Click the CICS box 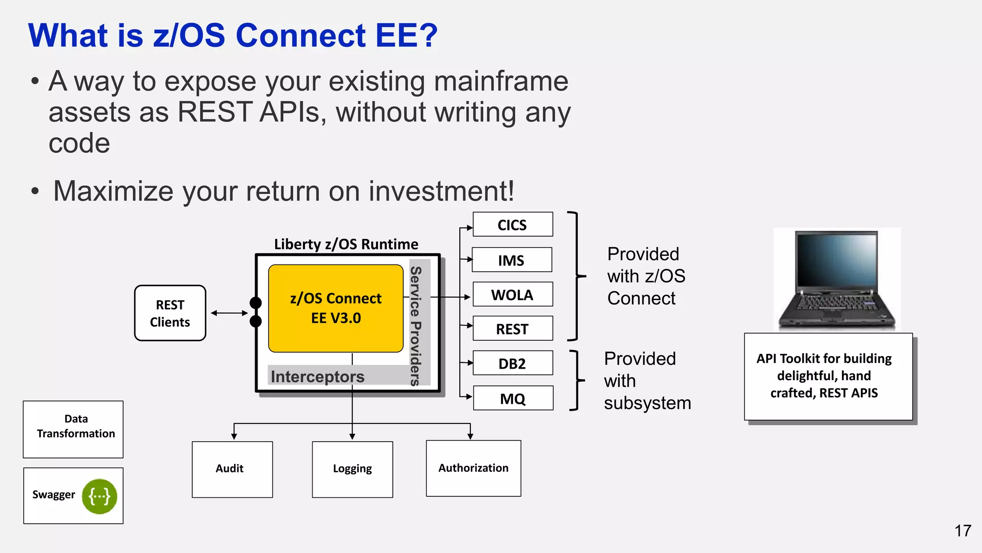coord(513,225)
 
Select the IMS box coord(512,260)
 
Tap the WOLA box coord(513,295)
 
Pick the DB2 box coord(513,363)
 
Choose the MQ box coord(513,398)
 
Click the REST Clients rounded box coord(170,313)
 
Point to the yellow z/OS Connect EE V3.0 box coord(336,308)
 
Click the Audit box coord(232,469)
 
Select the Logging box coord(352,469)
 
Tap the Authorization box coord(473,468)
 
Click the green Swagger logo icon coord(100,496)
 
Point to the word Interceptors coord(317,377)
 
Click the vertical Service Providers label coord(416,326)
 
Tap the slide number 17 coord(962,531)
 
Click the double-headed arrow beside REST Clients coord(229,313)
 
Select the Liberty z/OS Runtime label coord(346,244)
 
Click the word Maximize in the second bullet coord(113,191)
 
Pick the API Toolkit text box coord(828,376)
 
